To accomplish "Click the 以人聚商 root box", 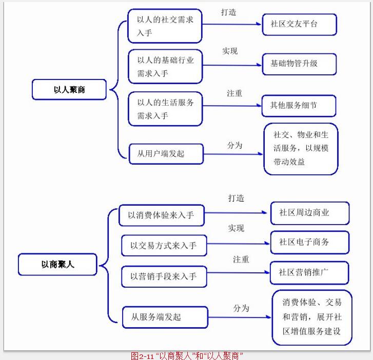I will pos(69,89).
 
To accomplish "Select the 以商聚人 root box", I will pos(57,265).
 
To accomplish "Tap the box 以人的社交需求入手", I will pos(165,26).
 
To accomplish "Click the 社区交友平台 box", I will pos(299,24).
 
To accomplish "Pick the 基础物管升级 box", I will pos(299,64).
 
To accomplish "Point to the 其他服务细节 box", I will pos(299,105).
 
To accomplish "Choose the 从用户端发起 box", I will pos(166,153).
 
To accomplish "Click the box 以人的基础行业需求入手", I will pos(165,67).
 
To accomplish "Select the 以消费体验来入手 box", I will pos(161,215).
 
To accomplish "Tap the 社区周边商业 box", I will pos(309,212).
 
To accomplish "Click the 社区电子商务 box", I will pos(309,242).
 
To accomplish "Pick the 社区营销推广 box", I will pos(309,272).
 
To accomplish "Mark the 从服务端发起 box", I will pos(165,317).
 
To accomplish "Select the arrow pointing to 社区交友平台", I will pos(231,24).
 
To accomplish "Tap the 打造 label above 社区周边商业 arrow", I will pos(236,198).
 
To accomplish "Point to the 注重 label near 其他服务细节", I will pos(235,93).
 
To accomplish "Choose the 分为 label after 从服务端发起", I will pos(241,308).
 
